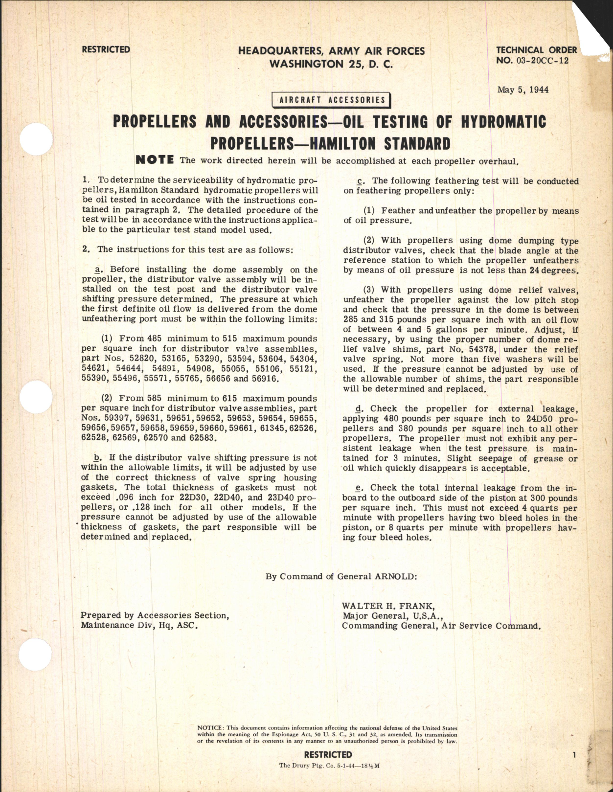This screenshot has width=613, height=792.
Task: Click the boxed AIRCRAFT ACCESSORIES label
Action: click(x=332, y=100)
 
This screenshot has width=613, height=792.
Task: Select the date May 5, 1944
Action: click(x=522, y=90)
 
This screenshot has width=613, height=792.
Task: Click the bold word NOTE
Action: click(x=154, y=160)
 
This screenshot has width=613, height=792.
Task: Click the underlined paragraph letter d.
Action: click(x=360, y=408)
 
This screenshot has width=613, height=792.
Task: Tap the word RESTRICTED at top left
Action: click(x=106, y=49)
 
